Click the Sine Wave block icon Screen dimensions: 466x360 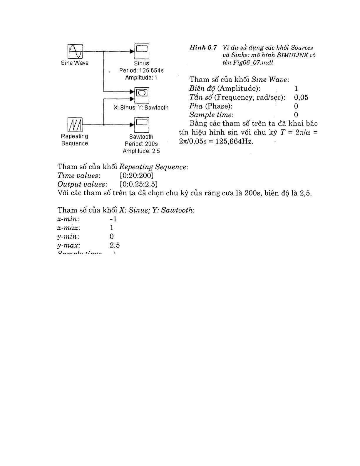click(75, 51)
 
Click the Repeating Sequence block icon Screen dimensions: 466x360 click(75, 125)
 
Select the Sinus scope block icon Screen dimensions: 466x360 click(142, 51)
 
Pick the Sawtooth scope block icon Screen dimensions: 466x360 click(142, 125)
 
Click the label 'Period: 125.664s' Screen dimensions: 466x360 click(141, 71)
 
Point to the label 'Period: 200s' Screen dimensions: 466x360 click(141, 144)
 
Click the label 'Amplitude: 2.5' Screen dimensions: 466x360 click(141, 151)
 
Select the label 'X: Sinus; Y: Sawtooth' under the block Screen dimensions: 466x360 click(141, 108)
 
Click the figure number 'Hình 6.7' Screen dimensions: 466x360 click(203, 48)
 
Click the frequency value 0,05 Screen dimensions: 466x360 click(301, 97)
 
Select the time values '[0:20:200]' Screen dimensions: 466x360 click(137, 176)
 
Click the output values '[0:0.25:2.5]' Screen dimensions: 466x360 click(139, 184)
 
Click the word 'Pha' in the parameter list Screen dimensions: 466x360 click(196, 106)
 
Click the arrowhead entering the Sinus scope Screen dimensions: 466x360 click(132, 51)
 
